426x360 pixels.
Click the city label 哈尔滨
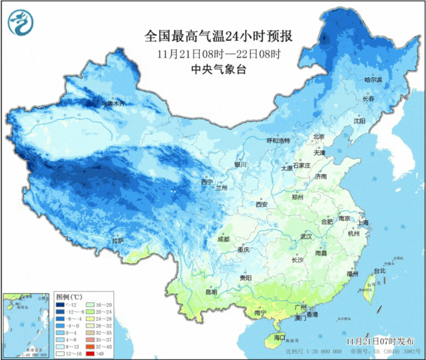[x=373, y=80]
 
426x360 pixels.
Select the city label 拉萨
[x=118, y=240]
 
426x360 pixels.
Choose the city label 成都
[x=223, y=239]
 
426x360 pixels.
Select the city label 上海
[x=363, y=222]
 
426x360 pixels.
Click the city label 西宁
[x=206, y=182]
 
